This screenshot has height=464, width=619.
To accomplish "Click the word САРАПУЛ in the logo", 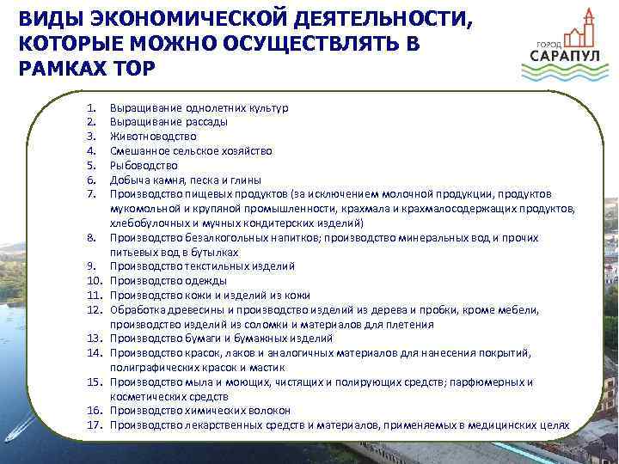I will point(558,57).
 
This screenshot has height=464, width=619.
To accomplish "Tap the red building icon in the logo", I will point(585,29).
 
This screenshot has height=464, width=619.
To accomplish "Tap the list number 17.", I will point(96,424).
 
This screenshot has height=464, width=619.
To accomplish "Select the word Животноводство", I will point(153,137).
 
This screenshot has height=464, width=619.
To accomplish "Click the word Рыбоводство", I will point(144,165).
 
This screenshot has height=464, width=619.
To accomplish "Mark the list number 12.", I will point(96,309).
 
